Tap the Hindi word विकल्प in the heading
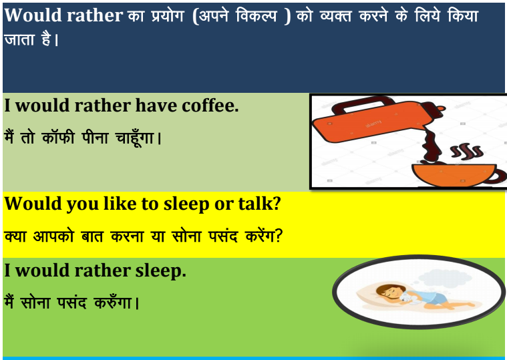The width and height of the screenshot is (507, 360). coord(257,15)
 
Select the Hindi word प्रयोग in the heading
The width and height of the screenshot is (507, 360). coord(168,16)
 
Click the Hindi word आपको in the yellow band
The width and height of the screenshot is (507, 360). coord(53,236)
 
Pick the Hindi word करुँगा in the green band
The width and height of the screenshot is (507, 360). coord(113,303)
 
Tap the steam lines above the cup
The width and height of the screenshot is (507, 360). coord(467,151)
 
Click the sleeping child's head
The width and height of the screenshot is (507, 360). coord(387,292)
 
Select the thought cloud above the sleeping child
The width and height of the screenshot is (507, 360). coord(446,278)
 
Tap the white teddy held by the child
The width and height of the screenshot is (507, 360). coord(408,297)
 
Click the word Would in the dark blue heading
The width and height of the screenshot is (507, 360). coord(33,15)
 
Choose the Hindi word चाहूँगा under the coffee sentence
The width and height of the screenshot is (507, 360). coord(134,138)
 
